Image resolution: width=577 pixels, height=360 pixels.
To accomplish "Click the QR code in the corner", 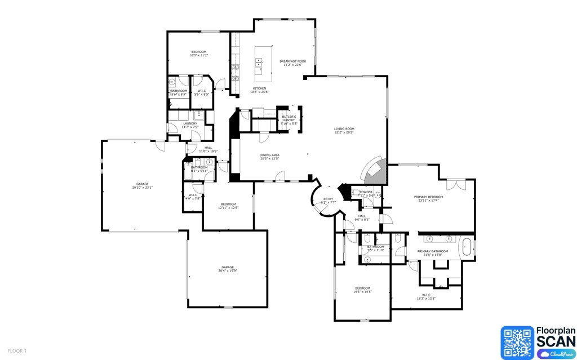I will tap(517, 343).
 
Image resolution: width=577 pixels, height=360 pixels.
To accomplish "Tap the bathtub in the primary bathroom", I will tap(467, 248).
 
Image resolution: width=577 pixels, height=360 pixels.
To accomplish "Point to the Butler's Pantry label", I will tap(289, 117).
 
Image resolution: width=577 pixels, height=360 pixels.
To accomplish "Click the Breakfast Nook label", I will tap(293, 61).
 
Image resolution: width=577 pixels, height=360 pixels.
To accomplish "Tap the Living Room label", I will tap(344, 129).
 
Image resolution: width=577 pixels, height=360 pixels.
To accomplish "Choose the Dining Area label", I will tap(269, 155).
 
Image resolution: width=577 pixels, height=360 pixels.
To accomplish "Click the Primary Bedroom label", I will tap(428, 197).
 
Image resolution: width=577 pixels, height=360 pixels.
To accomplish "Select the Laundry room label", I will tap(190, 123).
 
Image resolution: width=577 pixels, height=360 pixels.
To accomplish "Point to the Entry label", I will tap(328, 198).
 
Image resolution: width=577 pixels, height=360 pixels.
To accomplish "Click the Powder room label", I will tap(366, 192).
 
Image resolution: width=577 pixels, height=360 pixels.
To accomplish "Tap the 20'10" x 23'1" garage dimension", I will tap(143, 187).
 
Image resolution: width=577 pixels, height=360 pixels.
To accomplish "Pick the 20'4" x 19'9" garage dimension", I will tap(227, 270).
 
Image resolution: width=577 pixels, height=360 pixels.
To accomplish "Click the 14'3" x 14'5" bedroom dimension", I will tap(362, 291).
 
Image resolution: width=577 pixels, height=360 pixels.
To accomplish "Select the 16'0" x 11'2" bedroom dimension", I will tap(198, 55).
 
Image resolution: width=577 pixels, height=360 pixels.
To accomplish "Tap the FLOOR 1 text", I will tap(17, 351).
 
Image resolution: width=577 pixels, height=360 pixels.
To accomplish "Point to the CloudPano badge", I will tap(555, 354).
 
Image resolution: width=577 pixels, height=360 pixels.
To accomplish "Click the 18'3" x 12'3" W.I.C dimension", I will tap(426, 298).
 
